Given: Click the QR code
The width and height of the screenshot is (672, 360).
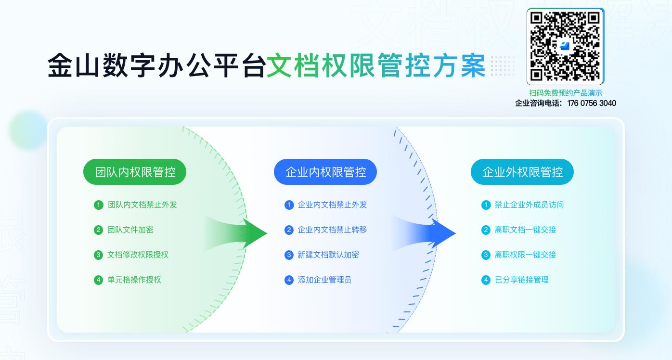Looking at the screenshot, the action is pyautogui.click(x=565, y=47).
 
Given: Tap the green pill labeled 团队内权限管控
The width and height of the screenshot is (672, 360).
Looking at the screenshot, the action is pyautogui.click(x=135, y=172).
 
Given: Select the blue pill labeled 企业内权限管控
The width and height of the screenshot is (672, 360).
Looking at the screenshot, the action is pyautogui.click(x=325, y=172).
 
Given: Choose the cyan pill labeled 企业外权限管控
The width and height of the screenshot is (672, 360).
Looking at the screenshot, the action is pyautogui.click(x=522, y=172).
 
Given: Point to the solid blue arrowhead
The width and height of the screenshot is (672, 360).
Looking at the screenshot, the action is pyautogui.click(x=443, y=233).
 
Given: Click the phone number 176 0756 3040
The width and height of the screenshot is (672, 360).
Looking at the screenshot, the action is pyautogui.click(x=592, y=103).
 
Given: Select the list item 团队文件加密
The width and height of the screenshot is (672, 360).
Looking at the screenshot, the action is pyautogui.click(x=130, y=230).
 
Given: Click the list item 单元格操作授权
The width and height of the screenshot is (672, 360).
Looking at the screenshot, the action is pyautogui.click(x=134, y=280).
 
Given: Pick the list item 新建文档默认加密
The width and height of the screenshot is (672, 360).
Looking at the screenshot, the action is pyautogui.click(x=328, y=255).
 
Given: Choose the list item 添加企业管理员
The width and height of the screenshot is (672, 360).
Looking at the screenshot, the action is pyautogui.click(x=324, y=280).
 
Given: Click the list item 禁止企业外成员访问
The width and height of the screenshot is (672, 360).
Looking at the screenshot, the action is pyautogui.click(x=529, y=205).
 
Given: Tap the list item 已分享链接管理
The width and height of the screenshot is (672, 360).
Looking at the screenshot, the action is pyautogui.click(x=522, y=280).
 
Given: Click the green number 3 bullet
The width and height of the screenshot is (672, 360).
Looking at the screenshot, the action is pyautogui.click(x=98, y=255).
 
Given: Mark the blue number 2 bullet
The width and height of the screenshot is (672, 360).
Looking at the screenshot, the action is pyautogui.click(x=289, y=230).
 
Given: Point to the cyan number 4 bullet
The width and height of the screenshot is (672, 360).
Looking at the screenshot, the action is pyautogui.click(x=486, y=280).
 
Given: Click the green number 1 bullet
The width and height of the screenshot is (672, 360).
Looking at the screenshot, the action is pyautogui.click(x=98, y=205).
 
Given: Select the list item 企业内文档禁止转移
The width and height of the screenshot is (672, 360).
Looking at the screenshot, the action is pyautogui.click(x=332, y=230).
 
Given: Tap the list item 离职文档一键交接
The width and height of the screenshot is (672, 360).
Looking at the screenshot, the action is pyautogui.click(x=525, y=230).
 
